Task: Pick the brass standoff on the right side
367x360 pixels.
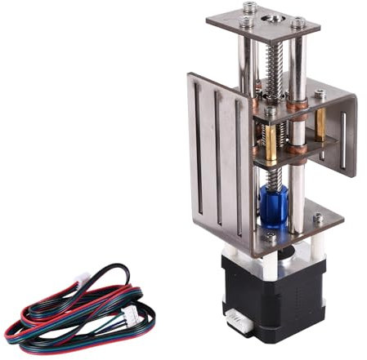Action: (320, 122)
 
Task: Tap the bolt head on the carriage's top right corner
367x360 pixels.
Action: (320, 95)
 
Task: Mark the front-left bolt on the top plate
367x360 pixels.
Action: (247, 23)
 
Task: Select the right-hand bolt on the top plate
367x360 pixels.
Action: (298, 24)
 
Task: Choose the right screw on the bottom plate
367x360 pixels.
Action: (317, 219)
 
